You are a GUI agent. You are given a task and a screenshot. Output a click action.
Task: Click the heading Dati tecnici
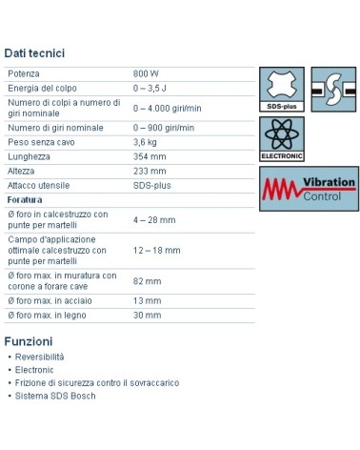coord(34,53)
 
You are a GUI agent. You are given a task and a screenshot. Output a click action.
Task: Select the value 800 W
coord(146,73)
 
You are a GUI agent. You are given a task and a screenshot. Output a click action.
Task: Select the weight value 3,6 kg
coord(145,142)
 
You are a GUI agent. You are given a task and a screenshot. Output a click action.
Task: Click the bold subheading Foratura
coord(24,199)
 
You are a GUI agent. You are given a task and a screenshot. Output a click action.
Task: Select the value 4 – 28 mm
coord(154,219)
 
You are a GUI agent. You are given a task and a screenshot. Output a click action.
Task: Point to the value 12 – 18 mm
coord(156,249)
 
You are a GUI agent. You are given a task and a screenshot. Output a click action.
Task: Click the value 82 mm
coord(146,281)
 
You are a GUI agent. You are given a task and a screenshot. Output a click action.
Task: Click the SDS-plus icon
coord(280,88)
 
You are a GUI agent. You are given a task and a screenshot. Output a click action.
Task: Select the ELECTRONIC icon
coord(280,139)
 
